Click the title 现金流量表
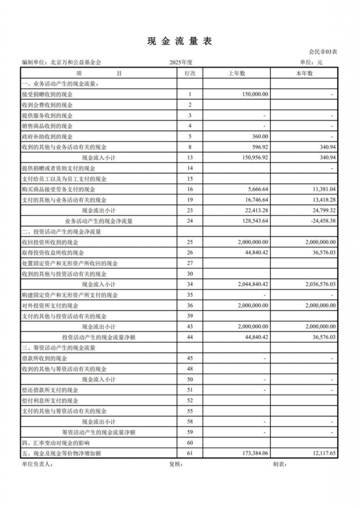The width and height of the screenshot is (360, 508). [180, 42]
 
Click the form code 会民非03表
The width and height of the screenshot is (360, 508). [323, 52]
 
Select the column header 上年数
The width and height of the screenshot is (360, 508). [236, 73]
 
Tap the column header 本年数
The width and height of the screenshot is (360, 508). [304, 73]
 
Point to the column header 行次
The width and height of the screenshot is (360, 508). [190, 73]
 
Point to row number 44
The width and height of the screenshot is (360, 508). [190, 337]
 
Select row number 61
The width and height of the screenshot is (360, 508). [190, 453]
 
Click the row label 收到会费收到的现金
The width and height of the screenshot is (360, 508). [47, 105]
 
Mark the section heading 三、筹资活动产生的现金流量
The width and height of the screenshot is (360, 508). [59, 348]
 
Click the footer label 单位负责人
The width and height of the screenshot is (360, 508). [37, 465]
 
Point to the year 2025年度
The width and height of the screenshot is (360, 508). [181, 63]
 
